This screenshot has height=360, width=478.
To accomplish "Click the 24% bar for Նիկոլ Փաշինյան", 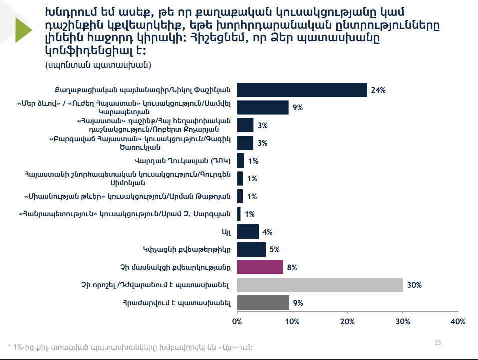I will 302,90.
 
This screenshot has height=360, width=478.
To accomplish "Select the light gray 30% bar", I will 320,285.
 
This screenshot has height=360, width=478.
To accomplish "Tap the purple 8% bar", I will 260,267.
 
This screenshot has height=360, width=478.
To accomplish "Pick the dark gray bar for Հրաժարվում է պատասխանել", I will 263,302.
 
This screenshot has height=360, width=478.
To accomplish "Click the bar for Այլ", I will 247,232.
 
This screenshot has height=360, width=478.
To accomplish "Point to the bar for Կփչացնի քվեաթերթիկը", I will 251,249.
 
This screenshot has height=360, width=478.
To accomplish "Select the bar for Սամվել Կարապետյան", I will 262,108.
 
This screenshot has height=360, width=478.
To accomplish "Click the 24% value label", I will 378,90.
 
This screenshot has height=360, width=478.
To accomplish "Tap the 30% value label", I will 414,285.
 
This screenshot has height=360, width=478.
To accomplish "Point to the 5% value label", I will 274,250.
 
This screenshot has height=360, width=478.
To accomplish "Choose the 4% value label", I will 267,232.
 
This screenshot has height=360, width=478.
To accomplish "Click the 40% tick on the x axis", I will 458,321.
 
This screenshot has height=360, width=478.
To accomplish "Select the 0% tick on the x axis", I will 237,321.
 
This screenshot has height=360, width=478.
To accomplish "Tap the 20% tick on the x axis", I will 347,321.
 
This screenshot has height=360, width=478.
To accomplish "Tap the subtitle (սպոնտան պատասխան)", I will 98,65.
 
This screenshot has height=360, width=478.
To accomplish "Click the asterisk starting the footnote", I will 9,346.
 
